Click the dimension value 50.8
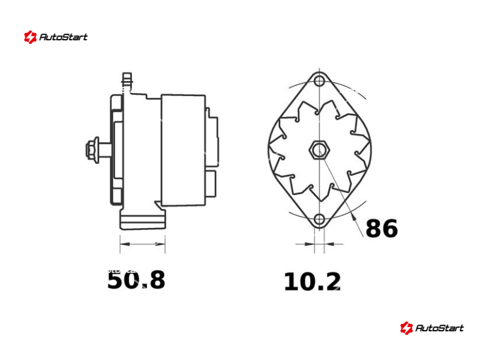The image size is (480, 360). pyautogui.click(x=136, y=280)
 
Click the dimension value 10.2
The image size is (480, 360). pyautogui.click(x=312, y=281)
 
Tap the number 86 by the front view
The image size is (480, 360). pyautogui.click(x=382, y=229)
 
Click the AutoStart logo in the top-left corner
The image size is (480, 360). pyautogui.click(x=56, y=37)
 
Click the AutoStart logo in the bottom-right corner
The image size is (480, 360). pyautogui.click(x=431, y=328)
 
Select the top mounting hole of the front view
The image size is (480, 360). pyautogui.click(x=319, y=82)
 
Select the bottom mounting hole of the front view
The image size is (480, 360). pyautogui.click(x=319, y=219)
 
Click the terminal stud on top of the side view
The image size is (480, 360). pyautogui.click(x=127, y=81)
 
